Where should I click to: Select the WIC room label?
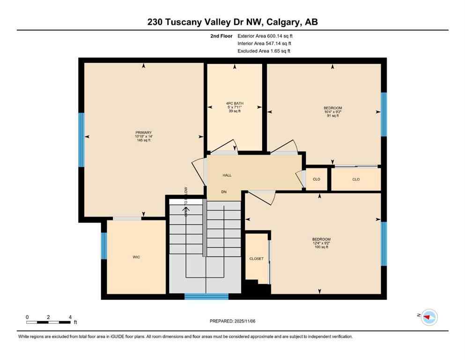pos(136,257)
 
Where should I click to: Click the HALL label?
pos(227,175)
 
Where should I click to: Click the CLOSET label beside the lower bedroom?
pos(256,258)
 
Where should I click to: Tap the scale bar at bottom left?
pos(49,322)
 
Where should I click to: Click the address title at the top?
pos(232,22)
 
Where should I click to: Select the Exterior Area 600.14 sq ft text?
pos(266,36)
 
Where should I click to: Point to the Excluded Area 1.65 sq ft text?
pos(264,51)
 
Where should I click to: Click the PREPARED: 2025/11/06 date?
pos(232,321)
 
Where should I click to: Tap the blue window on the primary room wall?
pos(81,140)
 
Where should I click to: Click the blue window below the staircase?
pos(206,296)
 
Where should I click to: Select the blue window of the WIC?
pos(104,246)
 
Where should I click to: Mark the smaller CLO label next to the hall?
pos(317,179)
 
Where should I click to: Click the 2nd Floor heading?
pos(221,36)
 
